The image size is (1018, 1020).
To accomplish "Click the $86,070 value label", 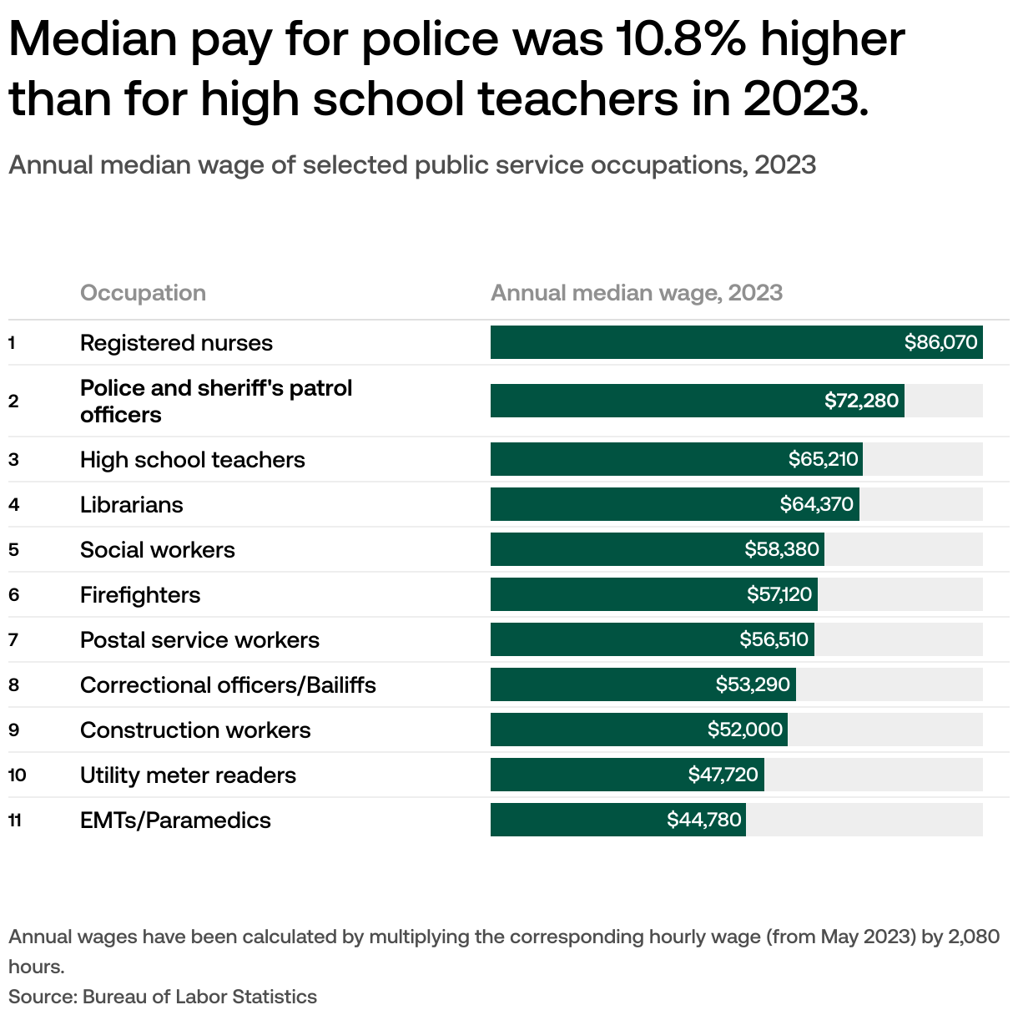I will (x=940, y=342).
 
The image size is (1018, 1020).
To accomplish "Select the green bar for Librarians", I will (x=634, y=504).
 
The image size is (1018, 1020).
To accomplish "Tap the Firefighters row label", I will (x=140, y=595).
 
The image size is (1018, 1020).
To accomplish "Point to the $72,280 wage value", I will (x=861, y=401).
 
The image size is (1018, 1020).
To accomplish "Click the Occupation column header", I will (x=143, y=293).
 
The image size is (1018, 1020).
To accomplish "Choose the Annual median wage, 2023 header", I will (x=637, y=293).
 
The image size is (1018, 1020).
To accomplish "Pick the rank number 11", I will (x=15, y=821).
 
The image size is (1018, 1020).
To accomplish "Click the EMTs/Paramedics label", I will (x=175, y=821).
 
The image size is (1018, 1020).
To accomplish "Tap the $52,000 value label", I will (x=745, y=730).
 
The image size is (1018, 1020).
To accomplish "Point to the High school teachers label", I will (x=193, y=460).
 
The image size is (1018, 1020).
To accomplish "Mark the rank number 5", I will (x=13, y=550).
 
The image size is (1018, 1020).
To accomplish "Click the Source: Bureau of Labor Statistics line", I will (x=163, y=997).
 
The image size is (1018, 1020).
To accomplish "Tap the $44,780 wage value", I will (x=703, y=820).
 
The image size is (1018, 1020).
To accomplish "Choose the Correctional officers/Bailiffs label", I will (x=228, y=685).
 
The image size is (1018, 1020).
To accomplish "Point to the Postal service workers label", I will (x=199, y=640).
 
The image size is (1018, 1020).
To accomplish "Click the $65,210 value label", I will (x=823, y=459).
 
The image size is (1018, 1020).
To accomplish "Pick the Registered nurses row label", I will (x=176, y=343).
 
